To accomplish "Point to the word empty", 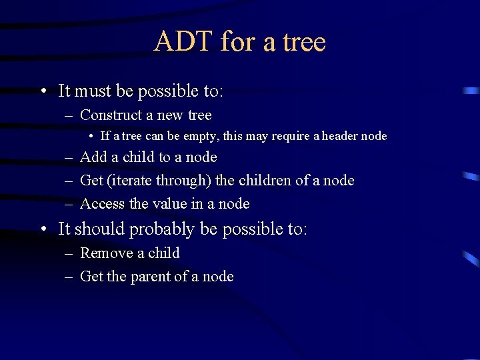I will coord(201,137).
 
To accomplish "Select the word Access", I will coord(101,204).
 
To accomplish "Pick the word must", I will coord(92,91).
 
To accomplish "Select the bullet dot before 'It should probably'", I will coord(43,229).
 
